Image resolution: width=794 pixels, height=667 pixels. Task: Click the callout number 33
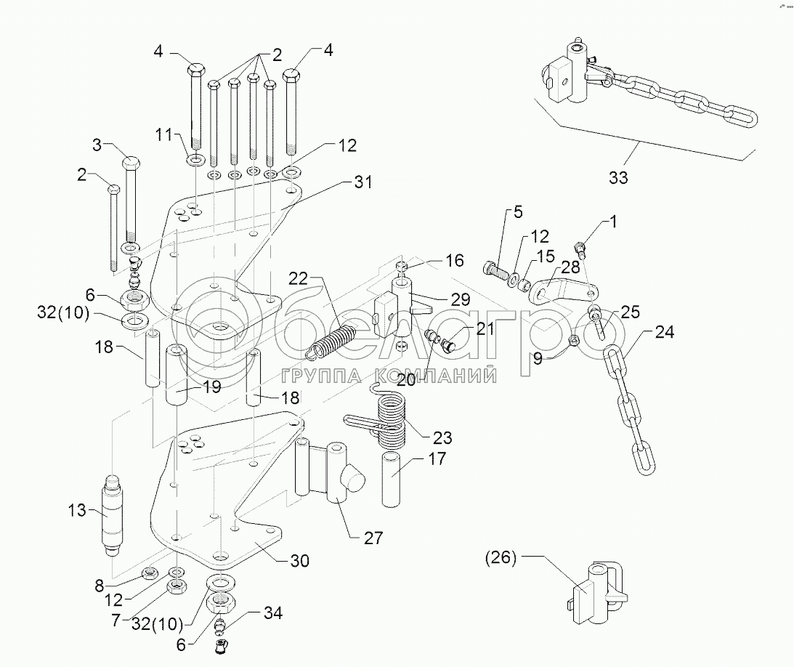618,177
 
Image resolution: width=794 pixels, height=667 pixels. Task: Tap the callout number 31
362,182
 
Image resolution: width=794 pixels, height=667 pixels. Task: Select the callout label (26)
501,557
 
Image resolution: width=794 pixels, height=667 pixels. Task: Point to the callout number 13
78,510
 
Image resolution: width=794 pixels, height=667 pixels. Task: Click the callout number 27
373,538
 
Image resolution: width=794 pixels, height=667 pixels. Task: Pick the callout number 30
300,561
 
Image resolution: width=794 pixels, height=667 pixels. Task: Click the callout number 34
273,613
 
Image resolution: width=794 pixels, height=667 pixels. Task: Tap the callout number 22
299,278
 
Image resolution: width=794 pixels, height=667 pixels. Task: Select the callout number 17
437,458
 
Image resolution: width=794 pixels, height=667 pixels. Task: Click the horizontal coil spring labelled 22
332,342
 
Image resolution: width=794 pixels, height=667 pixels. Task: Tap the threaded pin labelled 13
113,515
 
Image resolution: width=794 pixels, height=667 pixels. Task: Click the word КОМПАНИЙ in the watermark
435,375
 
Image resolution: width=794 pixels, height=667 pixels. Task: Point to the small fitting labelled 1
580,248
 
